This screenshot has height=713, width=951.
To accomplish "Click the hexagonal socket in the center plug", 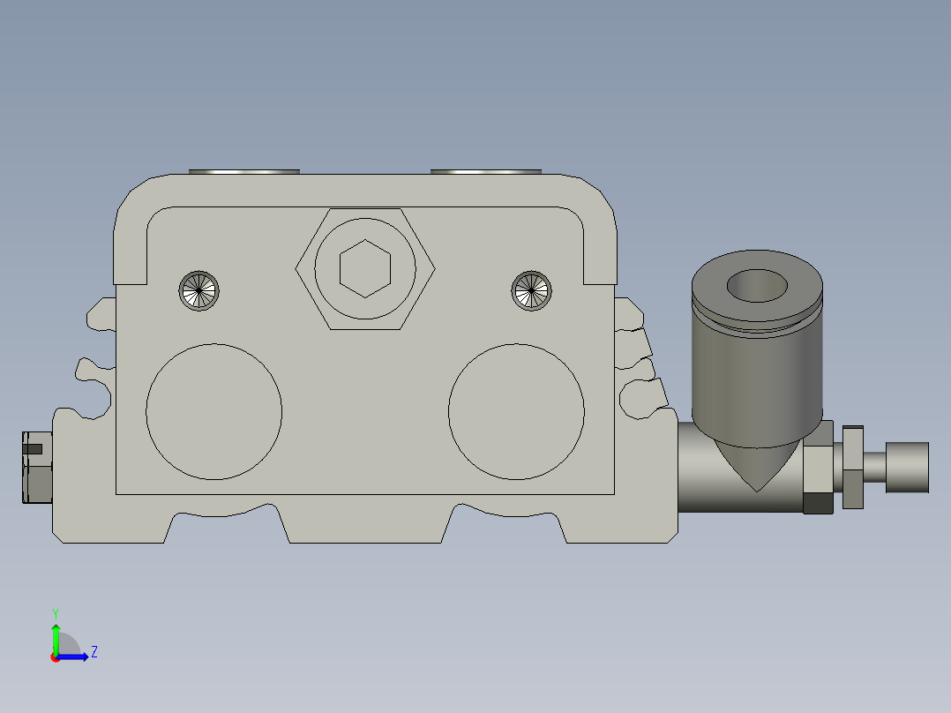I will tap(364, 269).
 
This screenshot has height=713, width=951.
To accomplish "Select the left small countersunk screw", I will tap(198, 290).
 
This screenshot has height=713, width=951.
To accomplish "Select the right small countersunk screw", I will tap(533, 290).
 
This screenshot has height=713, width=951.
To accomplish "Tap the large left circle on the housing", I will tap(213, 411).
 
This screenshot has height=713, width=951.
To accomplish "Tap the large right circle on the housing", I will tap(516, 411).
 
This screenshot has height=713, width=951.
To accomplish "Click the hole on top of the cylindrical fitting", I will tap(758, 286).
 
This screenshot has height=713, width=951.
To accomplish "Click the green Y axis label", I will tap(55, 612).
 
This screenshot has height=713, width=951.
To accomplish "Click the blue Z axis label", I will tap(94, 652).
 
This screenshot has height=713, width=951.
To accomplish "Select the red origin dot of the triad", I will tap(56, 657).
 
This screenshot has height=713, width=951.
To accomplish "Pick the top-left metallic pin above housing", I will tap(244, 171).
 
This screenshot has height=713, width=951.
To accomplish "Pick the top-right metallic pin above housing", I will tap(485, 171).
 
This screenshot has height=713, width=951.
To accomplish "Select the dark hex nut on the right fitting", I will tap(818, 503).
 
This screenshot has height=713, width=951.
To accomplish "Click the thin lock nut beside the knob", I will tap(852, 467).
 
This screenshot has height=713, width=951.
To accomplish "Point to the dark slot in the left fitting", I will tap(32, 448).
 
